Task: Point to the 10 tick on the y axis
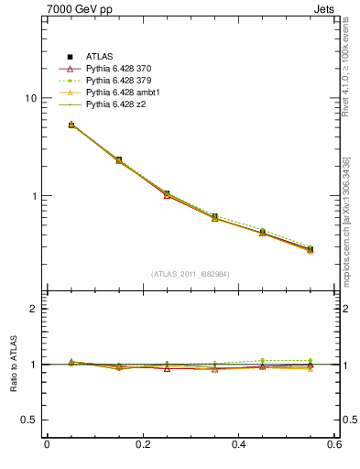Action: point(30,98)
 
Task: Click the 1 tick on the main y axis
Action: point(33,196)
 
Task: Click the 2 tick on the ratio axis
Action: point(33,309)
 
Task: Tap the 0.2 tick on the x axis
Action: point(142,445)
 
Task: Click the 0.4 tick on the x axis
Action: point(238,445)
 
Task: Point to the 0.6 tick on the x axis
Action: point(333,445)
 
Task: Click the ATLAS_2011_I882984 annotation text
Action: point(191,274)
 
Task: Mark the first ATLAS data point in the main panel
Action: point(71,125)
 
